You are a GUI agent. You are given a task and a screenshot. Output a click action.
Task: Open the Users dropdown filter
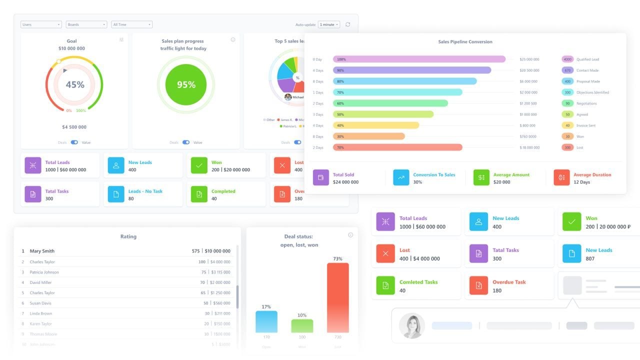41,24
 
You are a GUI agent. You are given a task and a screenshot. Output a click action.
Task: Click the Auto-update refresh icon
348,24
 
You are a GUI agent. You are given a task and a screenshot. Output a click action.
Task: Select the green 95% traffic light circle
186,84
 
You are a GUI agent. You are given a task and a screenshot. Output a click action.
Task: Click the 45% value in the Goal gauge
75,84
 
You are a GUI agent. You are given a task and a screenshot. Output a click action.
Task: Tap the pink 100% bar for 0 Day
419,59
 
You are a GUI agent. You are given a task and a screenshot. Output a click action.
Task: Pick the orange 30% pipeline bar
368,136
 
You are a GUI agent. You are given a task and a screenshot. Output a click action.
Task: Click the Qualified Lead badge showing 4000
567,59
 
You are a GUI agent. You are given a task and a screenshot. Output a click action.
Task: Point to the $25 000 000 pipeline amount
529,59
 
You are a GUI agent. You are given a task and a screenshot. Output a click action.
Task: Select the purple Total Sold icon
321,178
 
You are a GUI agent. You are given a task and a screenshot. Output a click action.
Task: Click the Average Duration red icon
561,178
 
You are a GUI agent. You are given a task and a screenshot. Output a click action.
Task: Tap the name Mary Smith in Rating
42,251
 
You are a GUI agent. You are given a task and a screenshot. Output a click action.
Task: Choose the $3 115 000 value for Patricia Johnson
220,272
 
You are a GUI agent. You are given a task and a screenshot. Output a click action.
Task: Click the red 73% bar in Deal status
338,297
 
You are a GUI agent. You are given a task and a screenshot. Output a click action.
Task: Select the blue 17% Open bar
266,321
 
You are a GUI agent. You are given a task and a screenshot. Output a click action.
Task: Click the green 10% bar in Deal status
302,326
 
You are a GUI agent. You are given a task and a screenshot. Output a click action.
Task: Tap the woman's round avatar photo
412,326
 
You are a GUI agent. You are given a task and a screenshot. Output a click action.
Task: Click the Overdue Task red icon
478,285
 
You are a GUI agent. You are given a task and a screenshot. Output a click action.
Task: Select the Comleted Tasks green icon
385,285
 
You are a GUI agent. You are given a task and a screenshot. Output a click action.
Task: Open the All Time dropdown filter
132,24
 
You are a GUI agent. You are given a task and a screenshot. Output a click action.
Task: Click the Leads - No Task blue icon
116,194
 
